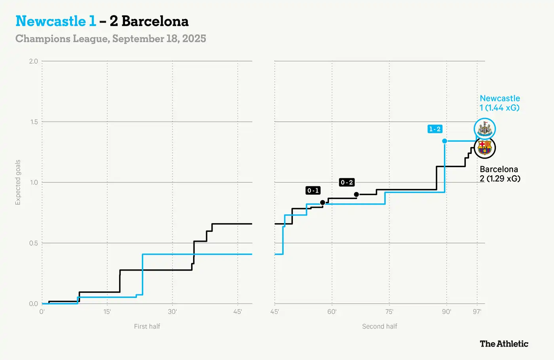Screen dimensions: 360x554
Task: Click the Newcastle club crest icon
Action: (x=485, y=129)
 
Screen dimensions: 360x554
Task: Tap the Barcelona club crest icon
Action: (x=485, y=148)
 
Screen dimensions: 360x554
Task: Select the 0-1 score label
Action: (x=313, y=191)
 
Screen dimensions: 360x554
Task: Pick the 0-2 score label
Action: (x=347, y=182)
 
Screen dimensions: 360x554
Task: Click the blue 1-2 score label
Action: (x=435, y=129)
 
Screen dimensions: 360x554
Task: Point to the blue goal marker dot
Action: (x=445, y=141)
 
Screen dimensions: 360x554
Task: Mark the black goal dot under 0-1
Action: (x=323, y=203)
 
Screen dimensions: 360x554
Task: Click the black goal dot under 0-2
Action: (x=357, y=194)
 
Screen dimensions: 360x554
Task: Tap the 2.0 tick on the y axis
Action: (x=34, y=61)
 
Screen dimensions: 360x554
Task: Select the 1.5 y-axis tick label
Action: (x=34, y=122)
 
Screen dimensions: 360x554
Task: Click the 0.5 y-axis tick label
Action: (x=34, y=243)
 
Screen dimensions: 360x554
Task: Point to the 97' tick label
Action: (x=477, y=312)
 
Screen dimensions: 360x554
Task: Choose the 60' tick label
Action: (x=332, y=312)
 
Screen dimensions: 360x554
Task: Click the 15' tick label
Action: (x=107, y=312)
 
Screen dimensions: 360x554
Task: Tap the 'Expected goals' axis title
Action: (x=18, y=182)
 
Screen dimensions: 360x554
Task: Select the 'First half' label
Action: (x=147, y=326)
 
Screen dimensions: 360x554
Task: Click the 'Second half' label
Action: (x=379, y=326)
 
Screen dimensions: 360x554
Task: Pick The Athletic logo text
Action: (x=504, y=344)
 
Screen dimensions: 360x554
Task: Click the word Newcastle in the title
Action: (x=51, y=21)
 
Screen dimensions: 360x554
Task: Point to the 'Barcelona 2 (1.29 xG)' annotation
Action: (x=499, y=174)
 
